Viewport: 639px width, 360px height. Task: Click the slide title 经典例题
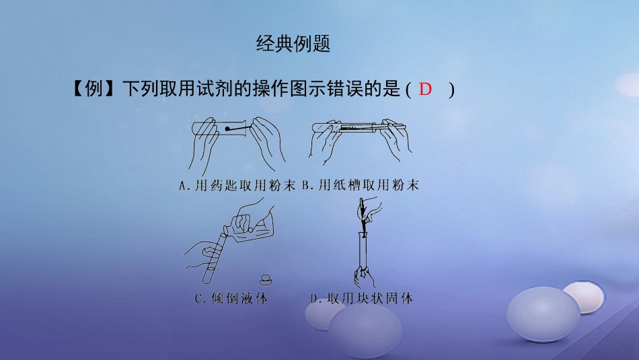click(x=293, y=44)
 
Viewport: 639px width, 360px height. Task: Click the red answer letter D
click(x=425, y=89)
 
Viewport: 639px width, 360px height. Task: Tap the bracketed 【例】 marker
click(x=93, y=89)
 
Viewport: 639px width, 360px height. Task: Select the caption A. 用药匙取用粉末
click(x=237, y=186)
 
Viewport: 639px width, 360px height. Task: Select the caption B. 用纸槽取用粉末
click(x=361, y=186)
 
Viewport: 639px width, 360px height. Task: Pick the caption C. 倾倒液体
click(x=231, y=299)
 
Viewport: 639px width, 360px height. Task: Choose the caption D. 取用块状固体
click(x=361, y=299)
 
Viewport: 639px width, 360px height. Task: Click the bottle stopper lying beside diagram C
click(x=266, y=280)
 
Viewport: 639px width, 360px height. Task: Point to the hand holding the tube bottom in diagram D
click(x=364, y=277)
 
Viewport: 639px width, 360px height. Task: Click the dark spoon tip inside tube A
click(x=228, y=129)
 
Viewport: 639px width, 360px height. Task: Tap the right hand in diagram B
click(x=396, y=139)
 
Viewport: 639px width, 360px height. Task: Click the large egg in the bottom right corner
click(x=543, y=314)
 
